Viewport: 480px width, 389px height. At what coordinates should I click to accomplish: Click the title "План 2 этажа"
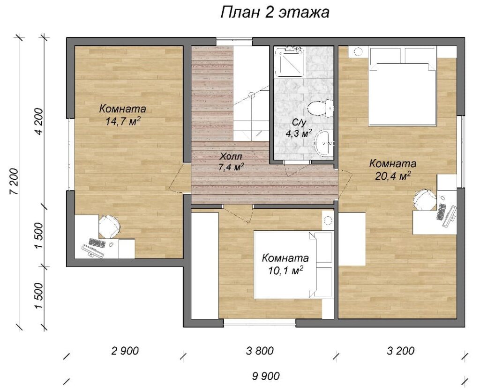click(275, 13)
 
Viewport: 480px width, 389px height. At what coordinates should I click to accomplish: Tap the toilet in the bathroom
click(320, 108)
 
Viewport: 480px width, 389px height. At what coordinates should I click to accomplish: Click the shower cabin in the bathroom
click(289, 62)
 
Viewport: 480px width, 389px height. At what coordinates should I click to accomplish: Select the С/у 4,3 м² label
click(299, 128)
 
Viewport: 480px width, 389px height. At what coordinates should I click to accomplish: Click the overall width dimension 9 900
click(266, 376)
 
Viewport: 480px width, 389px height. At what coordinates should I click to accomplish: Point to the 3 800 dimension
click(260, 351)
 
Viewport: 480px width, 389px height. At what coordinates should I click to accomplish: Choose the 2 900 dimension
click(125, 351)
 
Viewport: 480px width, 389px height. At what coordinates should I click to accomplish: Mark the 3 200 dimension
click(401, 351)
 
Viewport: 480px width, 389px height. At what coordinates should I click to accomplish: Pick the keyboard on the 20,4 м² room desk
click(441, 212)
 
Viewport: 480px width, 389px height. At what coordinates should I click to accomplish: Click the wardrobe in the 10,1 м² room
click(205, 266)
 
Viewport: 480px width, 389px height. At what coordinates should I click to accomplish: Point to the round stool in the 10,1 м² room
click(328, 220)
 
